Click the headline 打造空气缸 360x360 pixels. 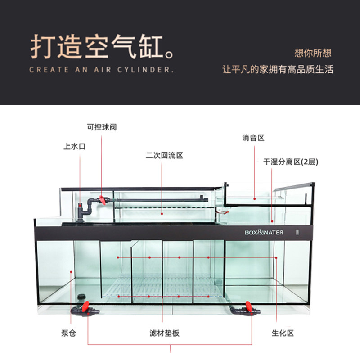(102, 48)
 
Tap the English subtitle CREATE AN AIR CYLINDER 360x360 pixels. (101, 70)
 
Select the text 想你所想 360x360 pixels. (313, 53)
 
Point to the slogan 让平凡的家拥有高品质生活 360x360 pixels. (278, 70)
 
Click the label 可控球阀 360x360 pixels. (102, 127)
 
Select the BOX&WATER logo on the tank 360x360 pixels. (264, 233)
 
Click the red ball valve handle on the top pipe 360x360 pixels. (104, 200)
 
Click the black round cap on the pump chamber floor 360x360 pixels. (81, 297)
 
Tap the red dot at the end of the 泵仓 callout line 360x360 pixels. (71, 271)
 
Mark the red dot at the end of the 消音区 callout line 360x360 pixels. (254, 198)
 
